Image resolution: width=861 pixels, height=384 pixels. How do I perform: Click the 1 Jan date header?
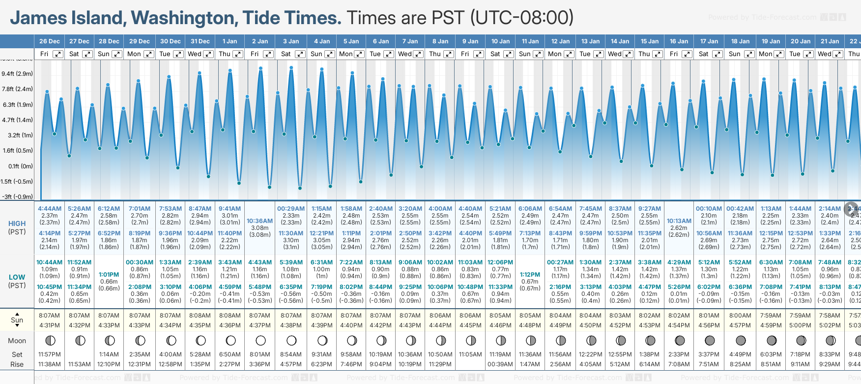click(230, 41)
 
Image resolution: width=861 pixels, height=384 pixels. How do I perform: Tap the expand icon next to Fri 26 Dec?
click(58, 54)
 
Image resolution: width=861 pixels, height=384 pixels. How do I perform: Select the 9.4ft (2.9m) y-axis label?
click(17, 74)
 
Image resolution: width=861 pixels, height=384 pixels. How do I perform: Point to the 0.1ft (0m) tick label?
click(20, 166)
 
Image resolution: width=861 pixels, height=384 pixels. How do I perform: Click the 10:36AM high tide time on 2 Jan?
click(259, 221)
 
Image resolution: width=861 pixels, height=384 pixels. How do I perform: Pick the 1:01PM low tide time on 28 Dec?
click(109, 275)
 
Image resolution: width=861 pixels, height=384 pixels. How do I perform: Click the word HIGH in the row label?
click(17, 224)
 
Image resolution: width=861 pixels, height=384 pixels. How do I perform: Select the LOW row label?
click(17, 277)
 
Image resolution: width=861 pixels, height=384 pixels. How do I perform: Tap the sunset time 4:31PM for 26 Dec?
click(49, 325)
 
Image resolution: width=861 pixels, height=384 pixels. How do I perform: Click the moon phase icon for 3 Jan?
click(291, 340)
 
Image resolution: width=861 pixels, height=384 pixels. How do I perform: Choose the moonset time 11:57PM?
click(49, 354)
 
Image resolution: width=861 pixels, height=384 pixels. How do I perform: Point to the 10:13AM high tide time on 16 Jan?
click(679, 221)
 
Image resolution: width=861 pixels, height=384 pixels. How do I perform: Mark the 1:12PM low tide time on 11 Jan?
click(530, 275)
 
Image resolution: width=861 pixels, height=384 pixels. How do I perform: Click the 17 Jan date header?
click(709, 41)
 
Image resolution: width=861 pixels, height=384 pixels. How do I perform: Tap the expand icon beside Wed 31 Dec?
click(208, 54)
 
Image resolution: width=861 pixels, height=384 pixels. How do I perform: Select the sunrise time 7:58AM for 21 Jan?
click(830, 316)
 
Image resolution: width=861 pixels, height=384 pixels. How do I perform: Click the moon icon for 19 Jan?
click(772, 340)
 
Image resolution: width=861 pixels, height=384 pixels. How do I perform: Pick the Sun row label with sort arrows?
click(17, 320)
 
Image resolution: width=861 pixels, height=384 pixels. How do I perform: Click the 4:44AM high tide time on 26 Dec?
click(49, 209)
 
